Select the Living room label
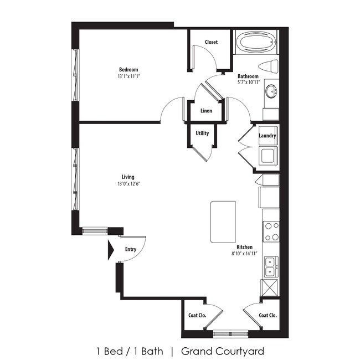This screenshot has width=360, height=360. [x=128, y=177]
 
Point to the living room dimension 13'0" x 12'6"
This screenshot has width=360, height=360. [x=128, y=184]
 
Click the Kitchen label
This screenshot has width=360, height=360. [x=244, y=247]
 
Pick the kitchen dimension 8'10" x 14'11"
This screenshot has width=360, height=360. [x=244, y=254]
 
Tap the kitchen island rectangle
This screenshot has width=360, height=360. [x=222, y=222]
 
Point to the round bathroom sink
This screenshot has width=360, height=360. [x=271, y=91]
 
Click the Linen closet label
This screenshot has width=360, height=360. [x=206, y=111]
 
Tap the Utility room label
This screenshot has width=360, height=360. [x=202, y=133]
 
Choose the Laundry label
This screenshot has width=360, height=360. [x=268, y=136]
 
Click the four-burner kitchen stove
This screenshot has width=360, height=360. [x=271, y=231]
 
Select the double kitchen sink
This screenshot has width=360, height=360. [x=271, y=266]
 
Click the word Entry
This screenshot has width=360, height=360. [x=130, y=249]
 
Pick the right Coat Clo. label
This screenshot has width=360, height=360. [x=268, y=316]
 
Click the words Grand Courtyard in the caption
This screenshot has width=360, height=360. [x=222, y=351]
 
